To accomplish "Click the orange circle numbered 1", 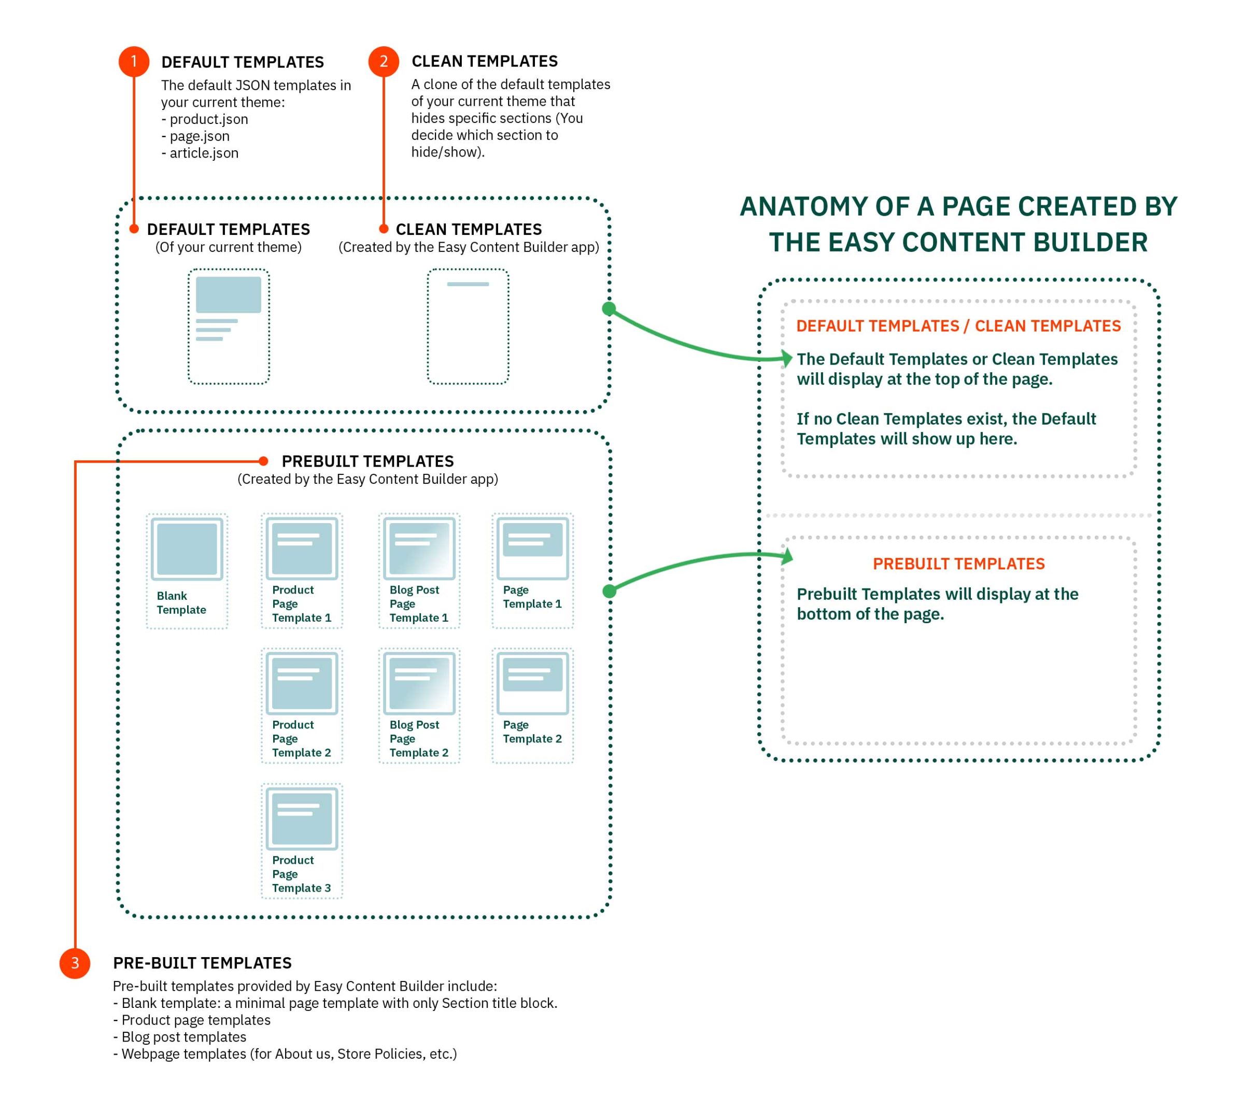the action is coord(134,62).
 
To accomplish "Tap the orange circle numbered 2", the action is coord(384,62).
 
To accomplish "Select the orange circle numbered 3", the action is coord(75,963).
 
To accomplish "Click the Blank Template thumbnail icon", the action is coord(187,549).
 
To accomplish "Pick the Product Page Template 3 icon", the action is coord(302,819).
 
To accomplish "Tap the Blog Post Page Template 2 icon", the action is coord(419,683).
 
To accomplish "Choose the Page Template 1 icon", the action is coord(532,549).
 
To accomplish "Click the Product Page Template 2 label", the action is coord(301,738).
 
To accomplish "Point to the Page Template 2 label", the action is coord(532,732).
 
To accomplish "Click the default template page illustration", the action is coord(229,326).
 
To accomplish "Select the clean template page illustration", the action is coord(468,326).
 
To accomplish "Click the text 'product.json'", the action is coord(209,119).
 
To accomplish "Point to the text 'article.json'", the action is coord(204,153).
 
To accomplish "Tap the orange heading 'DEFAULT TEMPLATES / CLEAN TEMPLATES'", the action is coord(958,326).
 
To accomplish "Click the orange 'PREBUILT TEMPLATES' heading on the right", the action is coord(958,564).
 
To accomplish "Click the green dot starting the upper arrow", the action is coord(609,308).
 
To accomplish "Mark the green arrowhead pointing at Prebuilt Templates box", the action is coord(787,556).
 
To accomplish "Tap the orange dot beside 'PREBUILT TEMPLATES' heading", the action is coord(263,461).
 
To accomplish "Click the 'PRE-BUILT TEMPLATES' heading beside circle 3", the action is coord(202,963).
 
